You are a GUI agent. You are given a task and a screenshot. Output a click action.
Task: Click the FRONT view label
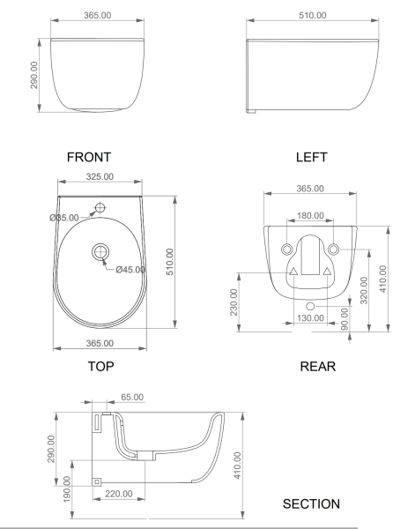89,157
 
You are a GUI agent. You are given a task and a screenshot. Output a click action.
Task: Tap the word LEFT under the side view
312,157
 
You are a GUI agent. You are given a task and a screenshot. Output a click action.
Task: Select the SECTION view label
311,504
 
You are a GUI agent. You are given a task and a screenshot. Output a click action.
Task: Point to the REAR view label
318,367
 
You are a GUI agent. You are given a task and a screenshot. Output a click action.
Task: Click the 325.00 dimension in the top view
100,176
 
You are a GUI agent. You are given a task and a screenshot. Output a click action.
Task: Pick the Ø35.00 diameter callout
64,218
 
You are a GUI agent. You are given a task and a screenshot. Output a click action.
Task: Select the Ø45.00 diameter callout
130,270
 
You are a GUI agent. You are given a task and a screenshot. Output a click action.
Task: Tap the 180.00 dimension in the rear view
310,216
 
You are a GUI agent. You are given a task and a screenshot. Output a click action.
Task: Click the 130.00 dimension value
310,318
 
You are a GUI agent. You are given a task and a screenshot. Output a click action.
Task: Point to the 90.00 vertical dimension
345,319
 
